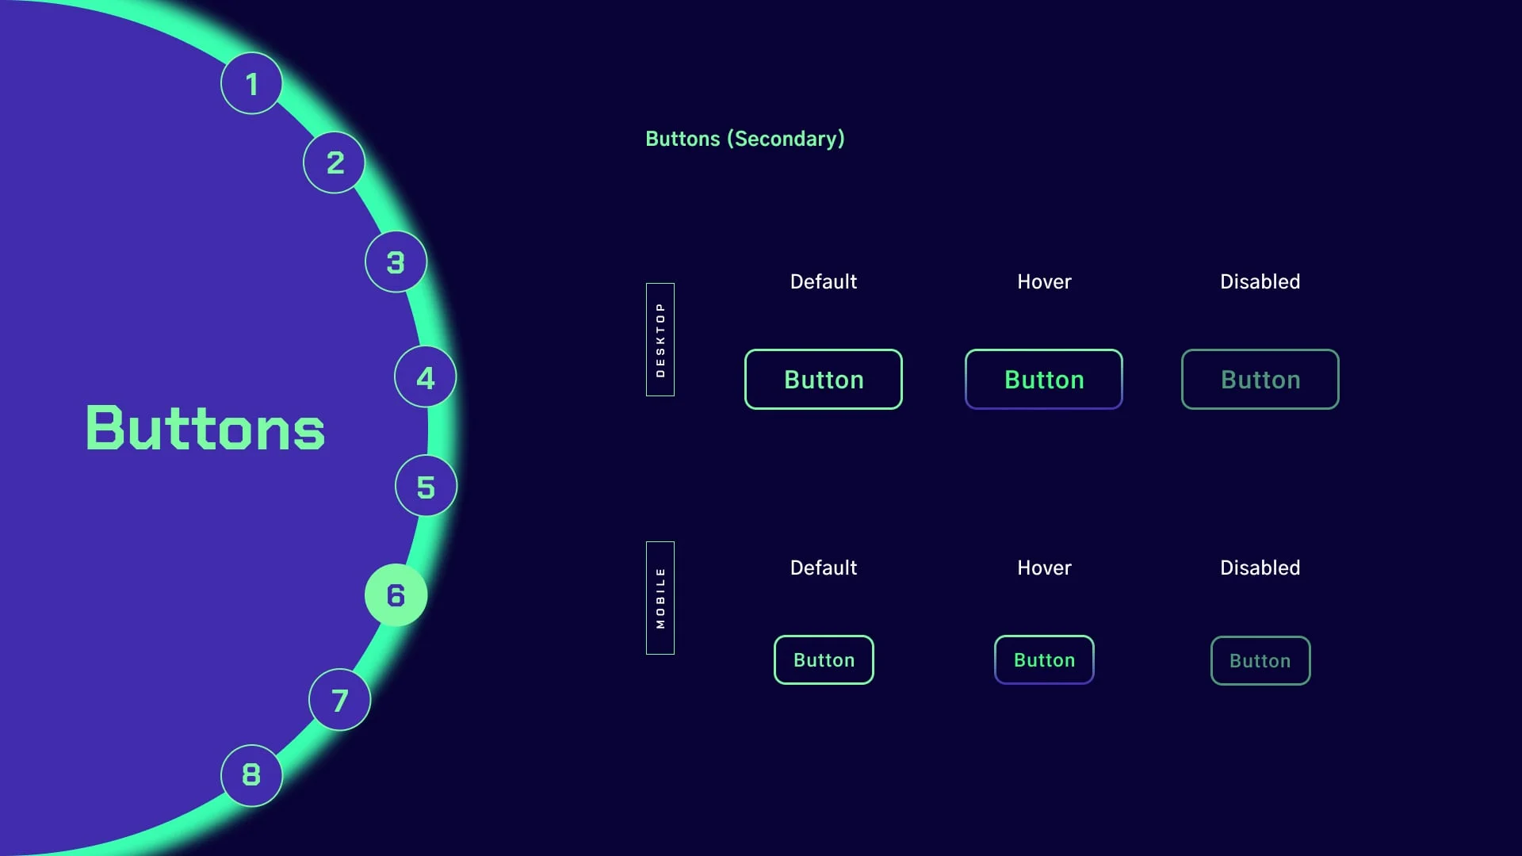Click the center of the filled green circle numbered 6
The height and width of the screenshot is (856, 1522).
[396, 595]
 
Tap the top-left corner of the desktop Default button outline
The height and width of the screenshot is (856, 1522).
[745, 350]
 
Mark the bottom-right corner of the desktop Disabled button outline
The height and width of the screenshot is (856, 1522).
[1339, 409]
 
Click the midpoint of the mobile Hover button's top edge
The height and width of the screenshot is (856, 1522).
[1044, 636]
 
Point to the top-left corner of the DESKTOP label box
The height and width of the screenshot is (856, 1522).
[646, 283]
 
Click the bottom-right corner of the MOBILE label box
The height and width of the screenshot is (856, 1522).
[675, 655]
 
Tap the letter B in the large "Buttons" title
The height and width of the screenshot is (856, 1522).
[104, 428]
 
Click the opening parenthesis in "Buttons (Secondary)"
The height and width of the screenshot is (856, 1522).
[730, 139]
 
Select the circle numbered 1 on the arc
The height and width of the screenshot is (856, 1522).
[251, 83]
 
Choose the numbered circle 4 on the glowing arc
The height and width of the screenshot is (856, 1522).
[426, 377]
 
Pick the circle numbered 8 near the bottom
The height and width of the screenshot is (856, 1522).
[251, 775]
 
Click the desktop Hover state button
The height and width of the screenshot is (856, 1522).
[1044, 380]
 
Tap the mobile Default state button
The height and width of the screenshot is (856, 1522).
[824, 660]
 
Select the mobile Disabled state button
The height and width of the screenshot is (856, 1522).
[1260, 661]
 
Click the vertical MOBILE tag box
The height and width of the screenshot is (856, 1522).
[660, 598]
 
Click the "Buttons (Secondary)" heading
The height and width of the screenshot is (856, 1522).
[745, 139]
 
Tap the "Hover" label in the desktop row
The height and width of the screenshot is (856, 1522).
[1044, 282]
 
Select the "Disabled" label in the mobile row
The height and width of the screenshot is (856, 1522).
[1260, 568]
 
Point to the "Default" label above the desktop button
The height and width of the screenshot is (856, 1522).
[824, 282]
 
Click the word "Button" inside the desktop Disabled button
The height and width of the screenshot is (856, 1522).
[1260, 380]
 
